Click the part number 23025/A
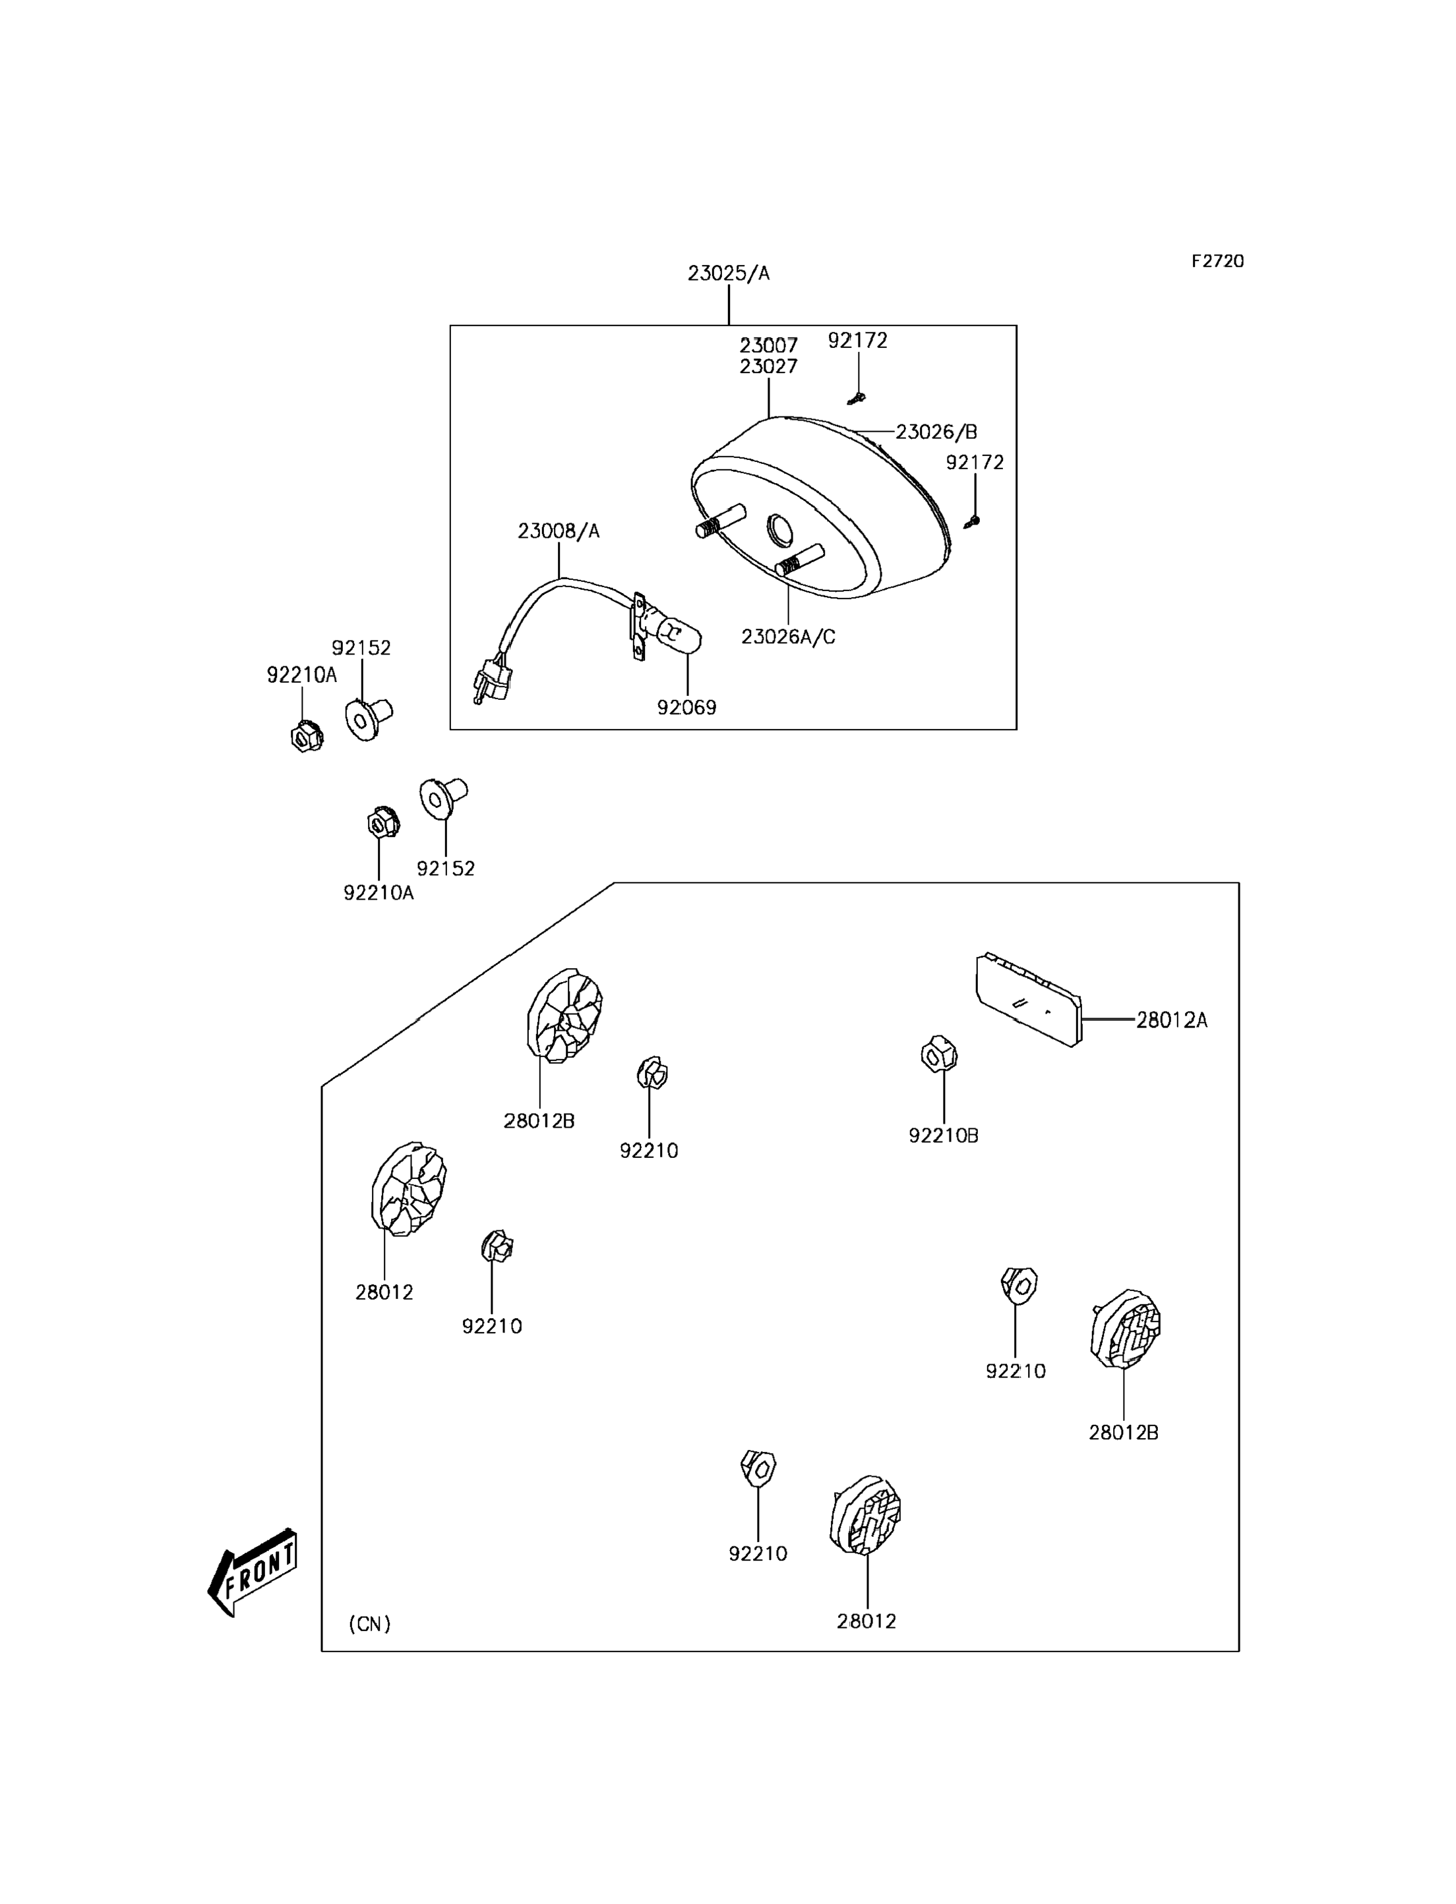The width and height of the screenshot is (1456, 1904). point(728,274)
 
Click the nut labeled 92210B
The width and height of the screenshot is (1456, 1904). point(938,1053)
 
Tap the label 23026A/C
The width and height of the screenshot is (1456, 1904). point(788,637)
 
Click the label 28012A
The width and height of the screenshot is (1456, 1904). point(1171,1020)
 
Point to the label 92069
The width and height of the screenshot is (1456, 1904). point(686,707)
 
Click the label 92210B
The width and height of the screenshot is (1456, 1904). point(943,1135)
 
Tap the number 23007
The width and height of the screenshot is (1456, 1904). point(768,345)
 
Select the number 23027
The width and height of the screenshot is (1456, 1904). point(768,366)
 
